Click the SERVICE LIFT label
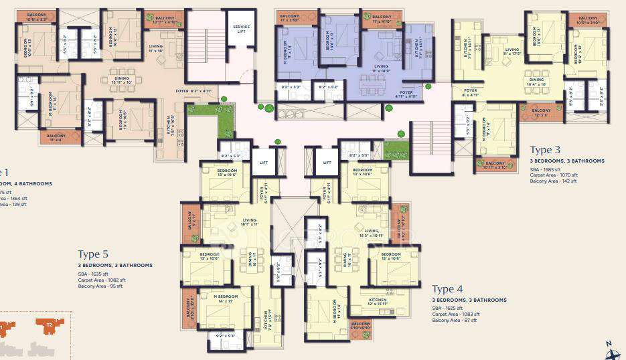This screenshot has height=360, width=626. (241, 29)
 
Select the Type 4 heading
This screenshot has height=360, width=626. (448, 289)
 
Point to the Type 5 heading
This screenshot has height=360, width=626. (93, 254)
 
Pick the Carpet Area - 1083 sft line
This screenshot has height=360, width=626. (456, 314)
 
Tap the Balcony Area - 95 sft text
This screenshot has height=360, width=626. (100, 286)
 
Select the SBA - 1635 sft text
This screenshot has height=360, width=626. (92, 274)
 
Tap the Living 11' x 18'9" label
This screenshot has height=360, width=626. (382, 68)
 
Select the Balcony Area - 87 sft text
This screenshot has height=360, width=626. (455, 321)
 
